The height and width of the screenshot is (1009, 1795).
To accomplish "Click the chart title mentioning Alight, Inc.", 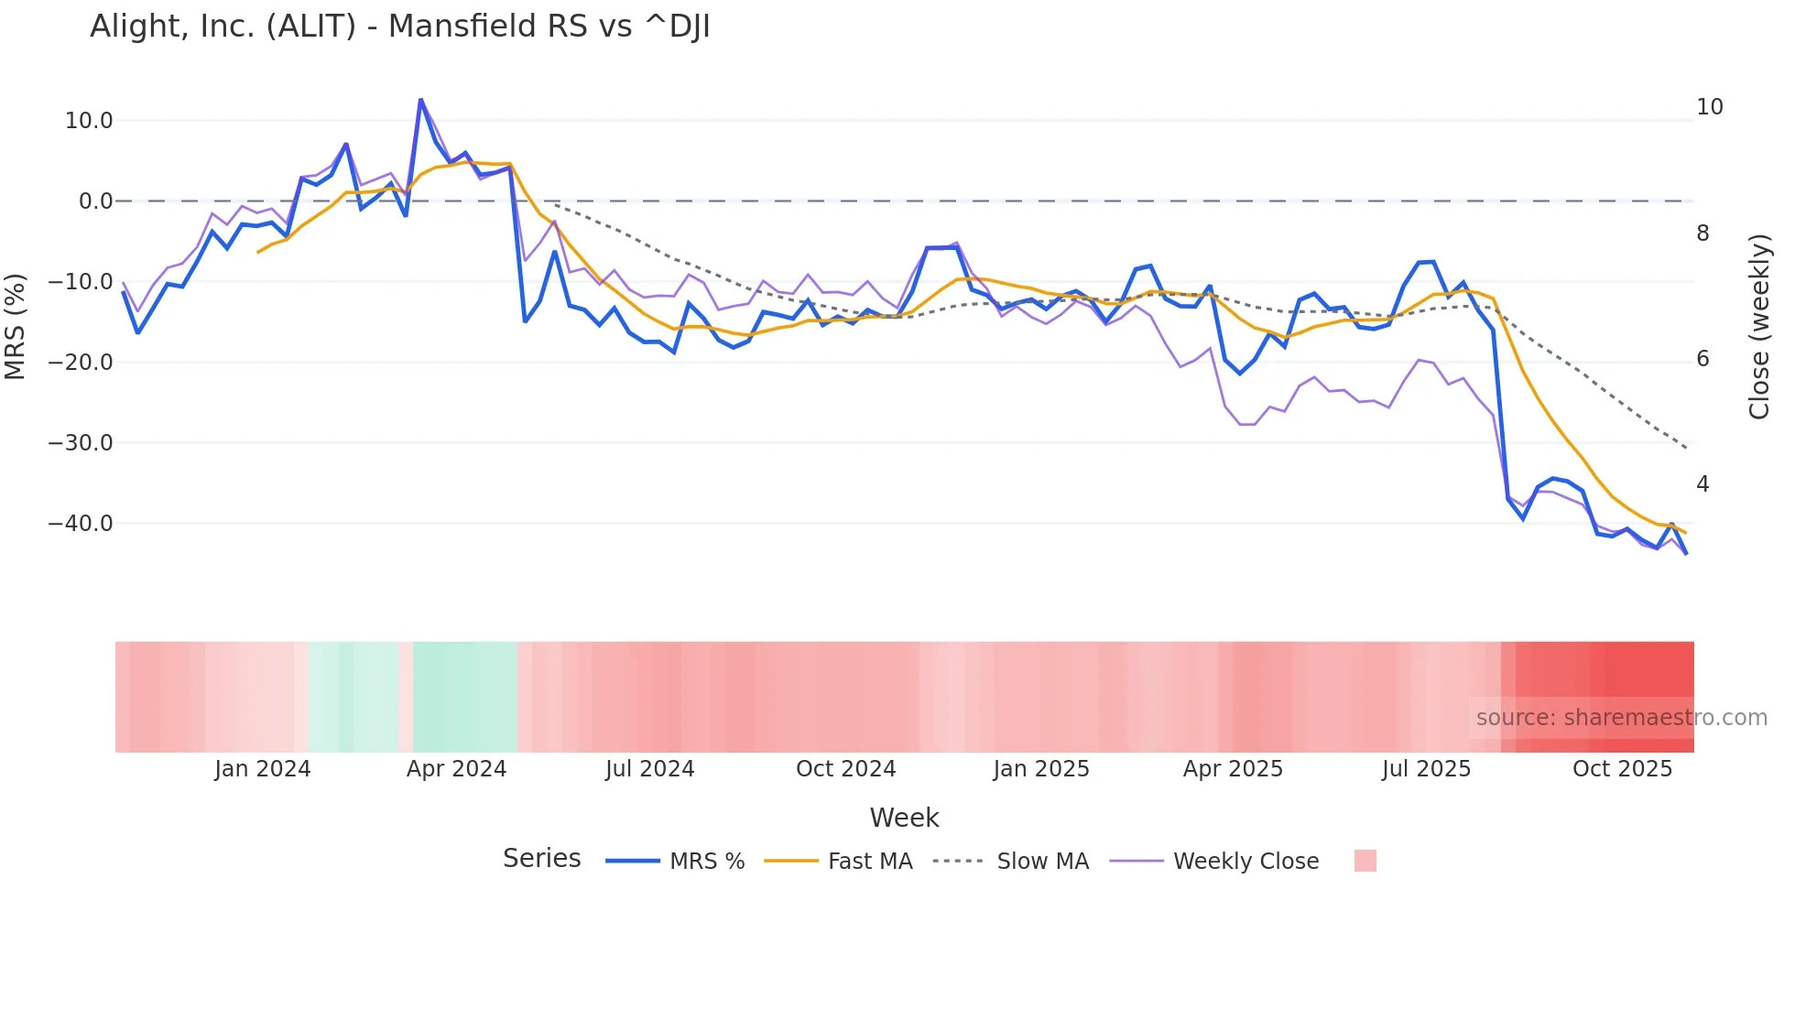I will pyautogui.click(x=399, y=27).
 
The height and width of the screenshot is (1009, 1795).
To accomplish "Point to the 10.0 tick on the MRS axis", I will pyautogui.click(x=89, y=120).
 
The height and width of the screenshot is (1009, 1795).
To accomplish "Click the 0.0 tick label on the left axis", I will pyautogui.click(x=95, y=201).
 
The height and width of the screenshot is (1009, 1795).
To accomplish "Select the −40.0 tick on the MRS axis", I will pyautogui.click(x=81, y=523).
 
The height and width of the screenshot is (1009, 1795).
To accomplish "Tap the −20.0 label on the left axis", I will pyautogui.click(x=81, y=362).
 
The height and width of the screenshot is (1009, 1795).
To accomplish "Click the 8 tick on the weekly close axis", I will pyautogui.click(x=1703, y=233).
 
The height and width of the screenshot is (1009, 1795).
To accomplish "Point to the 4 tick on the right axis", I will pyautogui.click(x=1703, y=483).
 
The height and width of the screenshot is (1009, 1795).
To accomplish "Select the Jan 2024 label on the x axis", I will pyautogui.click(x=263, y=768).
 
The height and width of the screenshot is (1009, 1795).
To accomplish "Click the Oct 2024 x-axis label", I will pyautogui.click(x=845, y=768).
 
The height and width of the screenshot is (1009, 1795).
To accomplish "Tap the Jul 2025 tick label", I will pyautogui.click(x=1426, y=768).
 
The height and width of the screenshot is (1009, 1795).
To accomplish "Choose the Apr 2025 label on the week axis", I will pyautogui.click(x=1233, y=768).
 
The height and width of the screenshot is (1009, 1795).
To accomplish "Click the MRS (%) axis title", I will pyautogui.click(x=15, y=326).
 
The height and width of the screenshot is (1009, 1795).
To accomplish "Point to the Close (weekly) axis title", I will pyautogui.click(x=1759, y=326).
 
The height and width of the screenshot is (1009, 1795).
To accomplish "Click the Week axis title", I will pyautogui.click(x=904, y=817).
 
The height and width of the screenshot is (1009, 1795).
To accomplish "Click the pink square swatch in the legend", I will pyautogui.click(x=1365, y=861).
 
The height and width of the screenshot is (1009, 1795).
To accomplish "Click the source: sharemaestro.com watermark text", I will pyautogui.click(x=1621, y=717).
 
